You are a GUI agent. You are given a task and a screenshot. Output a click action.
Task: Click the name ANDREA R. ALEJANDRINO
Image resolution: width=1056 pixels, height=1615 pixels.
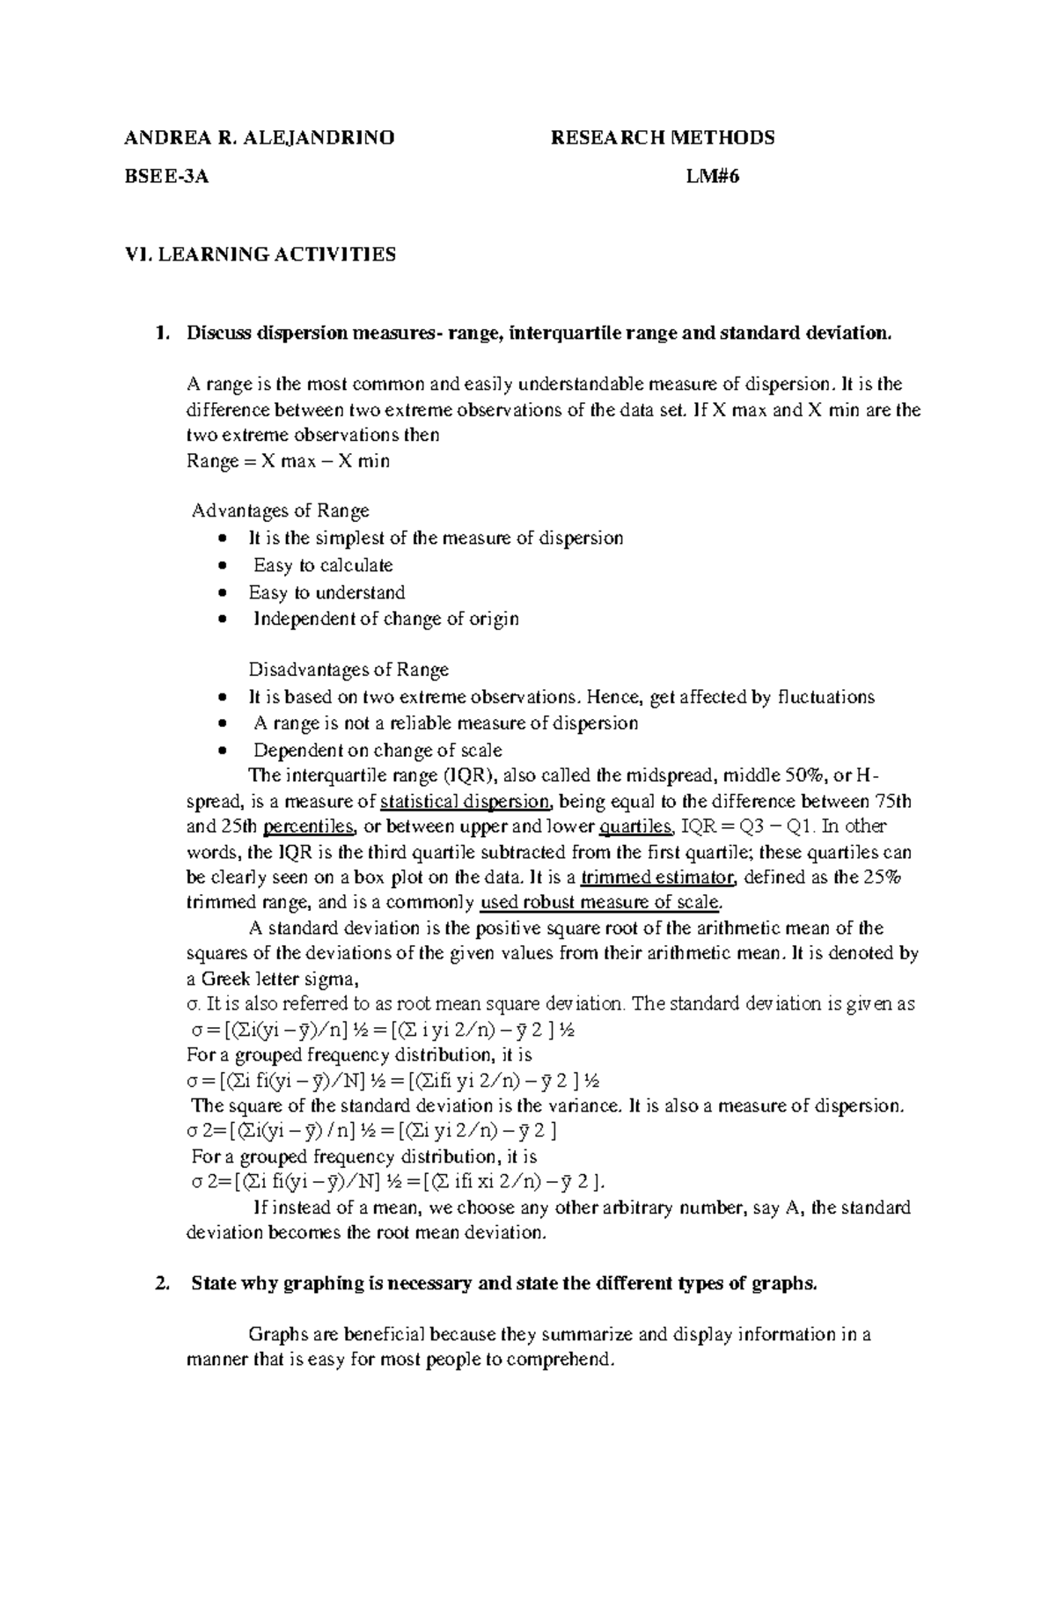click(260, 137)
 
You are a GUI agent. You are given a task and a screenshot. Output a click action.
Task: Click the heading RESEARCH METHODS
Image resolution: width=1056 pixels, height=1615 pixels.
click(662, 137)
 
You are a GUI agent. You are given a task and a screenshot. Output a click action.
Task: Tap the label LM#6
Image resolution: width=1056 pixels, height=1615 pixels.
click(713, 176)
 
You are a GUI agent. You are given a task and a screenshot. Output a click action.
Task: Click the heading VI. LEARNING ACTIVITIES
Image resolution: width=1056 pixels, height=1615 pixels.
click(261, 254)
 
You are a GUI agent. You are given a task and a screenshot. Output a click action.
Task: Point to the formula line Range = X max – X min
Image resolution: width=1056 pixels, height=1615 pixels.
click(289, 461)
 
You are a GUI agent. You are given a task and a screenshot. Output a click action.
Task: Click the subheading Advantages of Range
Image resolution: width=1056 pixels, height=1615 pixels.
click(281, 510)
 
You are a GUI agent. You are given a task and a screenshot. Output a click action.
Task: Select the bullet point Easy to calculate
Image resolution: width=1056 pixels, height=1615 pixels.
click(322, 565)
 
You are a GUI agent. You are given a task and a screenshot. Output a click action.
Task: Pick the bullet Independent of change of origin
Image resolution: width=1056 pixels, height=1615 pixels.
click(385, 619)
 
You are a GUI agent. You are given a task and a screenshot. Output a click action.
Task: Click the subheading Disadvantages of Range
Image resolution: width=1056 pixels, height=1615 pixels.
click(348, 671)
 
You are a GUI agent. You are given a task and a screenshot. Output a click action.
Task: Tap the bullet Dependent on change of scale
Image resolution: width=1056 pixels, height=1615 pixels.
click(378, 751)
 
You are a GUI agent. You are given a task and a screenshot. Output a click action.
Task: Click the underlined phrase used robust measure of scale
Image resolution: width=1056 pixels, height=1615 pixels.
click(600, 903)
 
